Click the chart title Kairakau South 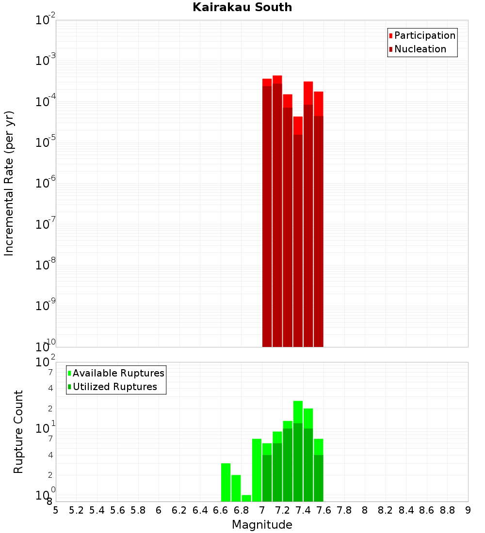pos(242,7)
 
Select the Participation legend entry pos(424,35)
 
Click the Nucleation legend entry pos(420,49)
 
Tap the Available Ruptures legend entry pos(118,373)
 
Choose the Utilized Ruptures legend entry pos(114,387)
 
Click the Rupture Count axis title pos(18,432)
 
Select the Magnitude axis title pos(262,525)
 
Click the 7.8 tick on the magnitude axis pos(344,510)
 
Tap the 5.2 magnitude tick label pos(76,510)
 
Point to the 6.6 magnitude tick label pos(221,510)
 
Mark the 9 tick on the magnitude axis pos(468,510)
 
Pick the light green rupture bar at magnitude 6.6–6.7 pos(226,482)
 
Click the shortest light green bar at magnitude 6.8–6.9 pos(246,498)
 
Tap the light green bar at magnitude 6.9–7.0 pos(257,470)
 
